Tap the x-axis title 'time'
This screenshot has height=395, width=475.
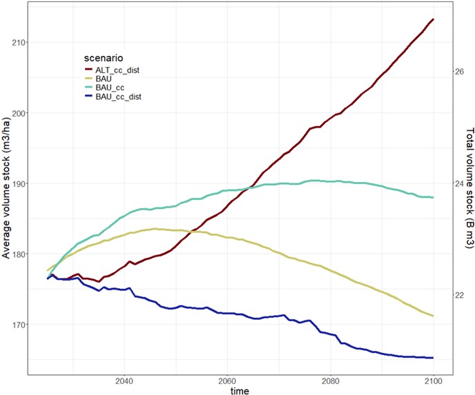pos(240,391)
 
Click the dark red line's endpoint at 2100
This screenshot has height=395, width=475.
pos(433,19)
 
